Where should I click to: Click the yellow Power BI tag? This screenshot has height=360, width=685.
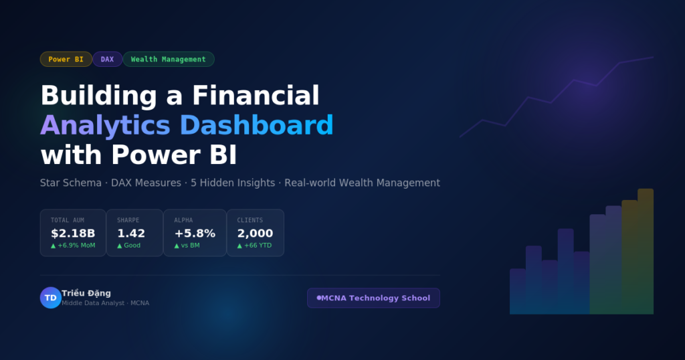coord(66,59)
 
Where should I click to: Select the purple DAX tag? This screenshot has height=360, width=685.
coord(108,59)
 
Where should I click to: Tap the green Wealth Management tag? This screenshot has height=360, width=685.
coord(168,59)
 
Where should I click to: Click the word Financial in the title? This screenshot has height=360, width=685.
coord(256,95)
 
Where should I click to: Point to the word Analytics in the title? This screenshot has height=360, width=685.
coord(105,125)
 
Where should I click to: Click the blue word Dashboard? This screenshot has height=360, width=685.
coord(256,125)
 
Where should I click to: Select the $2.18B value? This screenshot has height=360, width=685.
coord(73,234)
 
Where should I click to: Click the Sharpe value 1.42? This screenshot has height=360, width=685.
coord(131,234)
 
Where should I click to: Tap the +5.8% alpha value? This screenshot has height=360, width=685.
coord(195,234)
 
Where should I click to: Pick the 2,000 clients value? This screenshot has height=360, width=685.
coord(255,234)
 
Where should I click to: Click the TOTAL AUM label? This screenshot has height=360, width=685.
coord(68,220)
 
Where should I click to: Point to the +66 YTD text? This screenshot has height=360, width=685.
coord(258,246)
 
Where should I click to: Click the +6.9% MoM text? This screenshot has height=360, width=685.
coord(76,246)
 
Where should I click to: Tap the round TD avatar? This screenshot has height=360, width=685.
coord(51,298)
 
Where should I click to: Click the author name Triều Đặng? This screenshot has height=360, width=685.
coord(86,293)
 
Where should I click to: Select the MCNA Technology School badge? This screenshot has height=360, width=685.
coord(373,298)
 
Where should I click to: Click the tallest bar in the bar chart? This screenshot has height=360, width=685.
coord(646,251)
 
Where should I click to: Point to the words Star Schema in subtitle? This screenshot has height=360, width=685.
coord(71,183)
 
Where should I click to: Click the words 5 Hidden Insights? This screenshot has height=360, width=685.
coord(233,183)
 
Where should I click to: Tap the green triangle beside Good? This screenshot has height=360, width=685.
coord(120,246)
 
